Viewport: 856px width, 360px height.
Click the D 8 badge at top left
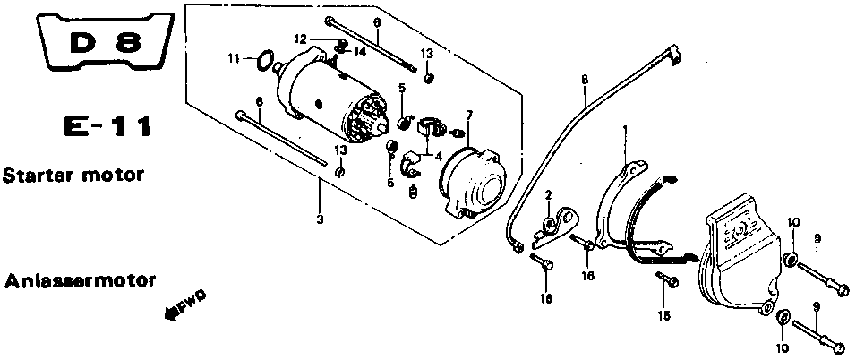pyautogui.click(x=106, y=41)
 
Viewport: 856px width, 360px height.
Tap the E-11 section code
pyautogui.click(x=107, y=128)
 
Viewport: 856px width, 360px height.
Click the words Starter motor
pyautogui.click(x=73, y=176)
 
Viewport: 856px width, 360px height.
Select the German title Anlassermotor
pyautogui.click(x=81, y=282)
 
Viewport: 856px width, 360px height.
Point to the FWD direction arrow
pyautogui.click(x=185, y=305)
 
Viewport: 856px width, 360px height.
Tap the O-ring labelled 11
pyautogui.click(x=265, y=60)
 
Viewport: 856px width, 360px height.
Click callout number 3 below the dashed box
pyautogui.click(x=320, y=219)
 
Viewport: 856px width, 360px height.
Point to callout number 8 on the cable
pyautogui.click(x=585, y=79)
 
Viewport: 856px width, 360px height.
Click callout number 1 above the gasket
pyautogui.click(x=626, y=130)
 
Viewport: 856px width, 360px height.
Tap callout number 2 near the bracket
pyautogui.click(x=548, y=194)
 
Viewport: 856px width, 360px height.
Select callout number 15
pyautogui.click(x=663, y=316)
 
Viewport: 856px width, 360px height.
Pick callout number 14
pyautogui.click(x=359, y=52)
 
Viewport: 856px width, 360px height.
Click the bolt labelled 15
pyautogui.click(x=667, y=279)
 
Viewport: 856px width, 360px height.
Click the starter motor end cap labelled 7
pyautogui.click(x=473, y=182)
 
